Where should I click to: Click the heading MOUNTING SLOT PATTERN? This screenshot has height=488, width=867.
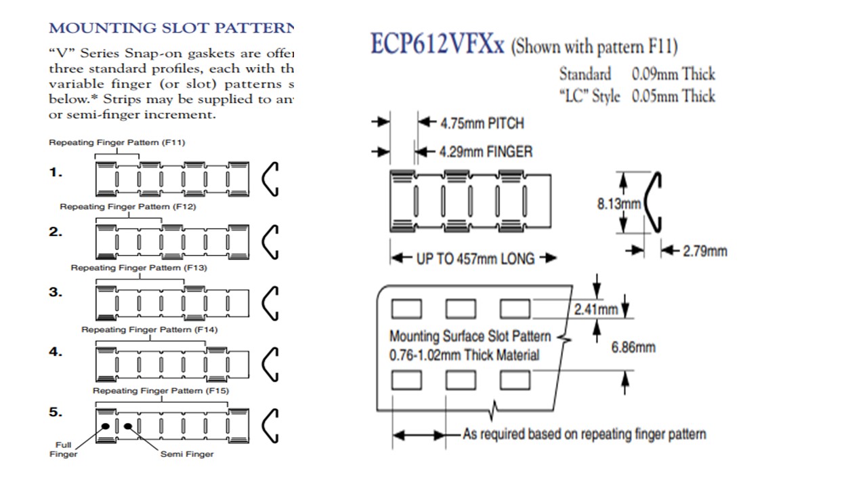(172, 28)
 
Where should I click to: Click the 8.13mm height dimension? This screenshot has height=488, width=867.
(618, 203)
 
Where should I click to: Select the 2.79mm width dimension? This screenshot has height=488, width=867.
(704, 251)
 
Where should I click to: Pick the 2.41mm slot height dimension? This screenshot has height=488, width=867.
(596, 310)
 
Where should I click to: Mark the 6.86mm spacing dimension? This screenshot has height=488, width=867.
(633, 348)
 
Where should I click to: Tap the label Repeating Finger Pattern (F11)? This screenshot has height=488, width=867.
(117, 143)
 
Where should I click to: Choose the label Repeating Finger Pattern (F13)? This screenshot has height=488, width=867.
(139, 268)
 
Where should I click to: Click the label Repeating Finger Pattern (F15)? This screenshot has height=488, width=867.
(161, 391)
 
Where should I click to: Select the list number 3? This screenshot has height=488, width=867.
(56, 292)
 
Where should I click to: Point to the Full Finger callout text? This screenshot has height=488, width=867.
(63, 449)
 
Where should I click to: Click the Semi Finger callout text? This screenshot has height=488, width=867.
(186, 454)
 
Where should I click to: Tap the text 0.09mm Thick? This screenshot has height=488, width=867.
(673, 74)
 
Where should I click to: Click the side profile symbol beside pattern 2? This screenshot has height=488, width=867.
(270, 241)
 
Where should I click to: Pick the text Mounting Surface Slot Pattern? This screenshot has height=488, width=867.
(470, 336)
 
